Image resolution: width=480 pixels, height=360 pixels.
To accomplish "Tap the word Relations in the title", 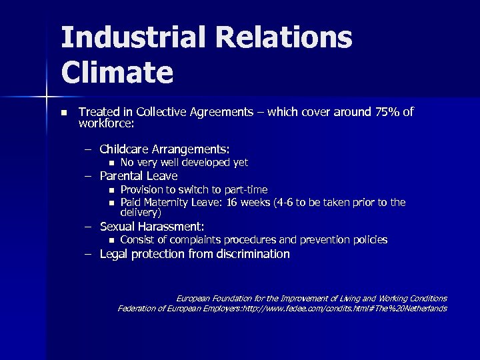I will pyautogui.click(x=287, y=39).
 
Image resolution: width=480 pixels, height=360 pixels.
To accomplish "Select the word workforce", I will pyautogui.click(x=105, y=123).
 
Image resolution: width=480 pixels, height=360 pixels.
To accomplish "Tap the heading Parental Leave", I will pyautogui.click(x=139, y=176).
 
